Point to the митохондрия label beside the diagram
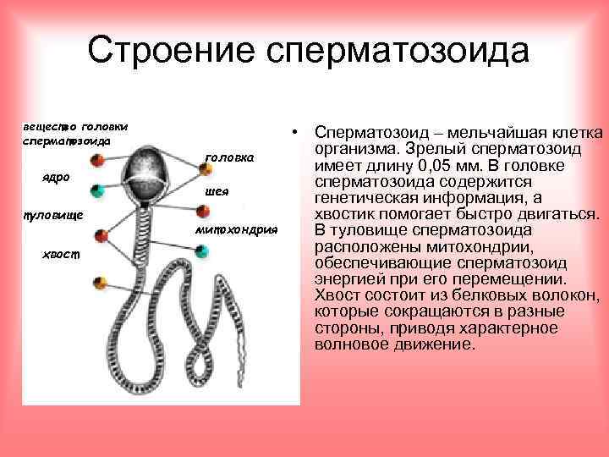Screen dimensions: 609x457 (x=237, y=229)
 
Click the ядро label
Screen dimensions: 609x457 (x=56, y=178)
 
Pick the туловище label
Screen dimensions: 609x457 (x=52, y=215)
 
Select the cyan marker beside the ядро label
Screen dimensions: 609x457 (x=99, y=189)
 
